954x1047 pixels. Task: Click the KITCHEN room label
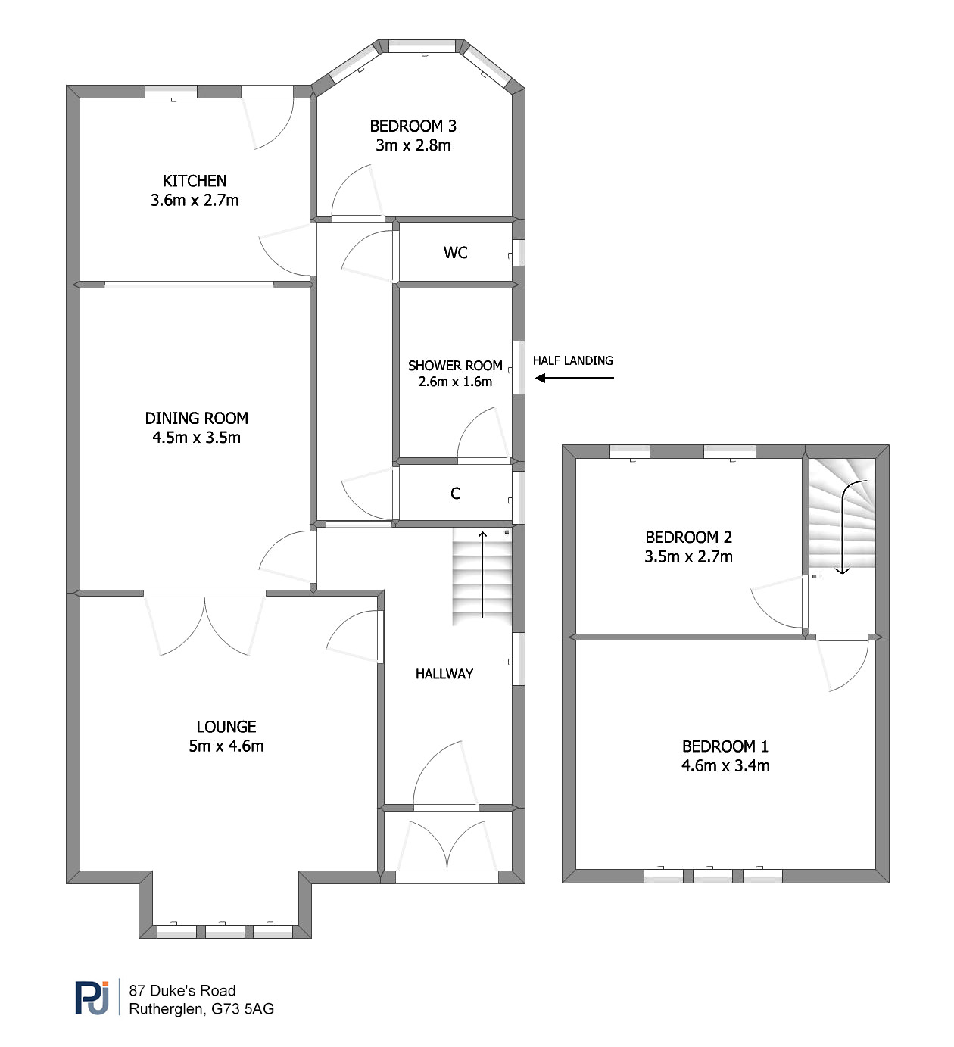tap(195, 181)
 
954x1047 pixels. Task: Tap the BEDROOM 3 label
tap(413, 126)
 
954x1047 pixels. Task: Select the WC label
tap(455, 253)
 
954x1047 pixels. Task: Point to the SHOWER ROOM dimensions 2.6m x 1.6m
tap(455, 382)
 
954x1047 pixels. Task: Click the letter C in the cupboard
tap(455, 494)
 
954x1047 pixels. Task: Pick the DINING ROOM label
tap(196, 418)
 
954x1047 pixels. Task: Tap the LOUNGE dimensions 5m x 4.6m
tap(226, 746)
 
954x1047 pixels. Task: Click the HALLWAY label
tap(444, 674)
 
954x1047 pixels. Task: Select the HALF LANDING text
tap(573, 360)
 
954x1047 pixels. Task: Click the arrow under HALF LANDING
tap(575, 378)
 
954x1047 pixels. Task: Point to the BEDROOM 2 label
tap(688, 537)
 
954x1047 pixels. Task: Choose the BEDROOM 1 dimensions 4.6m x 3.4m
tap(725, 765)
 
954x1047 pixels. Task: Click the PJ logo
tap(92, 998)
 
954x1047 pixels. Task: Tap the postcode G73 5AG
tap(243, 1009)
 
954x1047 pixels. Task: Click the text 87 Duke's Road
tap(182, 990)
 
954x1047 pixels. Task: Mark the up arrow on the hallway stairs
tap(482, 574)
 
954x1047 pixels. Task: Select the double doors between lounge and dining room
tap(204, 623)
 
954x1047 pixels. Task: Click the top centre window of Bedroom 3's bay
tap(422, 46)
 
